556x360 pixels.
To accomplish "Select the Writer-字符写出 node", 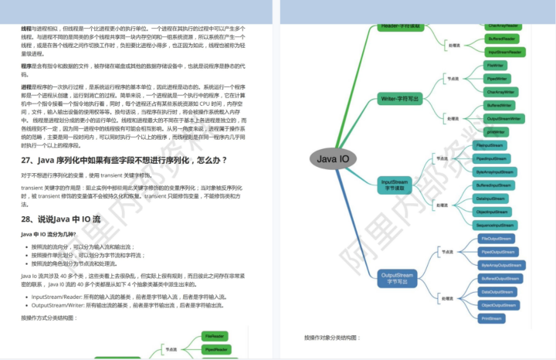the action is [401, 99].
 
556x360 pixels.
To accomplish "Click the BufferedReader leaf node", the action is [502, 38].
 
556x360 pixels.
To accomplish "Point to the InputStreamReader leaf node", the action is [505, 52].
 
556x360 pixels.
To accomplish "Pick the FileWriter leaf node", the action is [496, 66].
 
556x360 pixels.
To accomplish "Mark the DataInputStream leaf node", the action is [491, 198].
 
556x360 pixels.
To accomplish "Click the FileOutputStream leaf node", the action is [496, 239].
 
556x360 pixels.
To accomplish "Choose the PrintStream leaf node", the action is [491, 318].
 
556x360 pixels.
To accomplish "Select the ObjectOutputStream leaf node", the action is [498, 304].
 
